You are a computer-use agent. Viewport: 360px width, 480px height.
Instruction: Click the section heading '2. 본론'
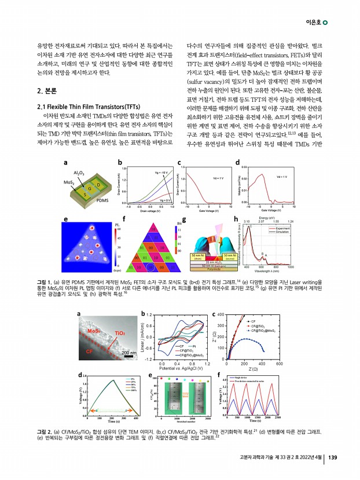(x=47, y=91)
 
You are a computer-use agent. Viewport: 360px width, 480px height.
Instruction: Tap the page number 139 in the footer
(x=332, y=458)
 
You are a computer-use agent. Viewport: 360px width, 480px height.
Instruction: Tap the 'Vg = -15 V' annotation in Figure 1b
(x=160, y=173)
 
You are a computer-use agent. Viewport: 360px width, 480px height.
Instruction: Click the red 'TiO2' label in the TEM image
(x=120, y=333)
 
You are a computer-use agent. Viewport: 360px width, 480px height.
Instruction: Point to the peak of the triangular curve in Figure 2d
(x=109, y=379)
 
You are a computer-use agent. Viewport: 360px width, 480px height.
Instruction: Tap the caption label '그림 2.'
(x=44, y=431)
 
